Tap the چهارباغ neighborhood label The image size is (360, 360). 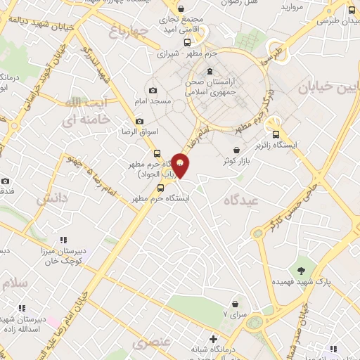click(x=131, y=32)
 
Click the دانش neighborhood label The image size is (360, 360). click(x=53, y=198)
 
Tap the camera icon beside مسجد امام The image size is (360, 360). click(x=153, y=90)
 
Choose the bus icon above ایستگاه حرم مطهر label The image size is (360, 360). click(x=161, y=188)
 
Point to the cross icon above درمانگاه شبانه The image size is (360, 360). click(x=213, y=340)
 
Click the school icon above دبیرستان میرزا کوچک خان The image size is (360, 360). click(x=64, y=240)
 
